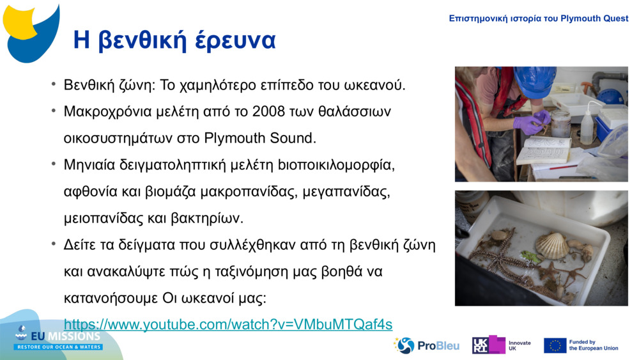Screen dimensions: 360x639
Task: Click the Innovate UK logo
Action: tap(501, 345)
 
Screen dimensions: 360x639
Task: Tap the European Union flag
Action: tap(555, 345)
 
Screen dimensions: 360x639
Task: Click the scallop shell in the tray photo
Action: tap(551, 245)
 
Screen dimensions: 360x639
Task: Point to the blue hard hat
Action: tap(534, 81)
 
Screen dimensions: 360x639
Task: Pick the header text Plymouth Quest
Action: tap(594, 19)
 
